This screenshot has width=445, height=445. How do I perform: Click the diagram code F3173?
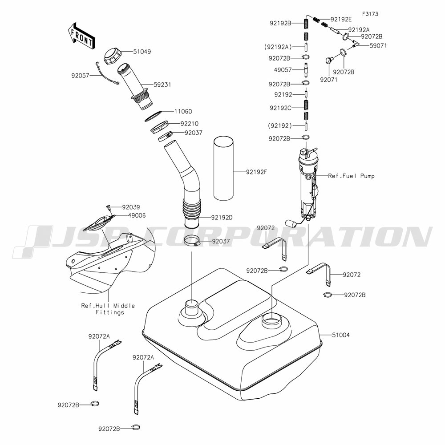pyautogui.click(x=370, y=14)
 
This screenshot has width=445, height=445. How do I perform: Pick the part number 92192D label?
pyautogui.click(x=222, y=218)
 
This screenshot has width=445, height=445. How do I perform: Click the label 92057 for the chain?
pyautogui.click(x=81, y=76)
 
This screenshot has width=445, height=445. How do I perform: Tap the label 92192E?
pyautogui.click(x=341, y=19)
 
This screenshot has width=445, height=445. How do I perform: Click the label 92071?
pyautogui.click(x=328, y=80)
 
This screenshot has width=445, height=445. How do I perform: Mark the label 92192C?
pyautogui.click(x=281, y=107)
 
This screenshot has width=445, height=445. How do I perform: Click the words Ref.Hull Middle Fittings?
pyautogui.click(x=108, y=309)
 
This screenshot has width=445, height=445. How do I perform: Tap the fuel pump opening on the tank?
pyautogui.click(x=272, y=320)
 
